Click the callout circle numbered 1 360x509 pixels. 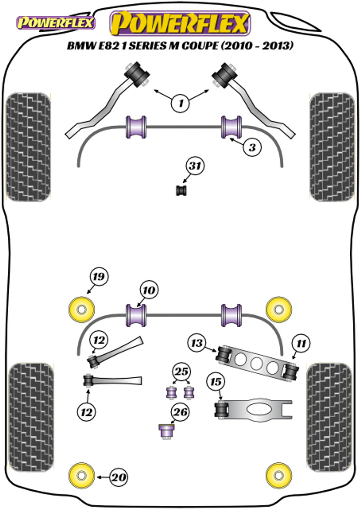click(180, 103)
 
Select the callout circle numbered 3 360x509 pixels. click(252, 147)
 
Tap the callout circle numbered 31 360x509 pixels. click(195, 166)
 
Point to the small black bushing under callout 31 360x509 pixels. click(182, 190)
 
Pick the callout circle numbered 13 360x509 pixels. click(197, 343)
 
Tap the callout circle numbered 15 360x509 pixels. click(216, 382)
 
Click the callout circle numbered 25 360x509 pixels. click(181, 371)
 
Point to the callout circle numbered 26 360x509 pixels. click(181, 412)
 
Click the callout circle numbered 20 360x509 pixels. click(118, 477)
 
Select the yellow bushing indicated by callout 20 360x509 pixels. click(82, 476)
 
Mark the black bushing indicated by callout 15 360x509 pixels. click(221, 409)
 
